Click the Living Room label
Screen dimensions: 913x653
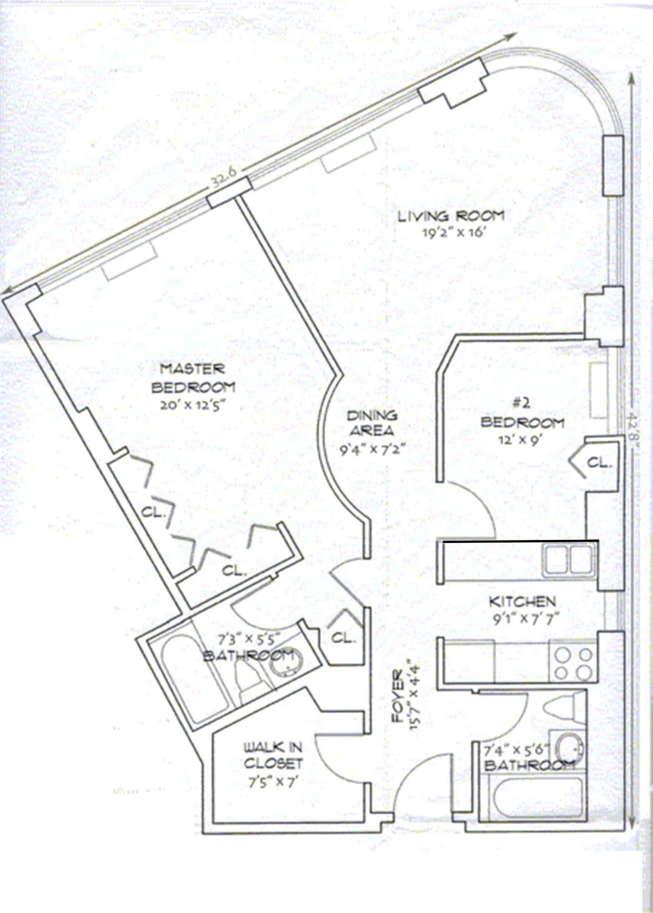point(451,216)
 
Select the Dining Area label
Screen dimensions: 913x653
point(372,423)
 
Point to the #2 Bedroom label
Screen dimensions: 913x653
point(522,414)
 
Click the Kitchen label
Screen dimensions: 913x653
point(522,602)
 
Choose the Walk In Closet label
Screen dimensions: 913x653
point(273,755)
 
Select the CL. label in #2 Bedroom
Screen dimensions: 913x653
point(599,463)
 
